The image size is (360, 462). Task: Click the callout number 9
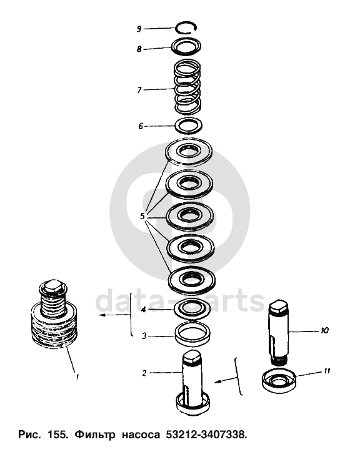click(139, 29)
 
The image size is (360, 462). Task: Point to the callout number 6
click(141, 126)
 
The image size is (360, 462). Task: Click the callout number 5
click(142, 217)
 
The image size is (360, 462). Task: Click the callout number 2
click(144, 373)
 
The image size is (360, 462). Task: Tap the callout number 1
click(77, 377)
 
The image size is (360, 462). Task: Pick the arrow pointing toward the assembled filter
click(114, 316)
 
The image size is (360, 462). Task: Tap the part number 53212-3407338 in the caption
click(206, 435)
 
